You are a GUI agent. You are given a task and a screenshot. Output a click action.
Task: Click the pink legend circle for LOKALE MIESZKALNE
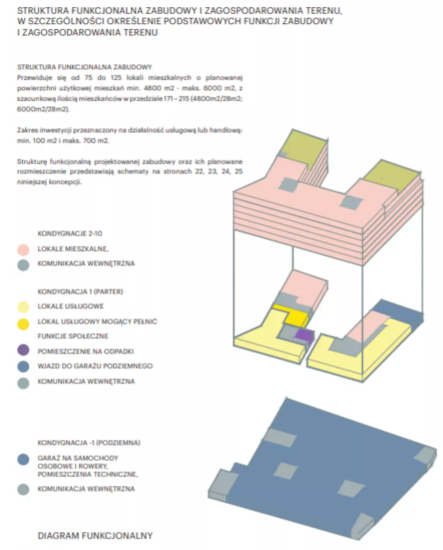coord(23,250)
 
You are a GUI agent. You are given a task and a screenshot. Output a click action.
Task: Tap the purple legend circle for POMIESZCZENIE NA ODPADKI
coord(23,350)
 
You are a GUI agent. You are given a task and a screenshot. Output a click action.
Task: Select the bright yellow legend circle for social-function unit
coord(23,325)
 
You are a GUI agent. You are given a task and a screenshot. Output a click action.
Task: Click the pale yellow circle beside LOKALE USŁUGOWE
coord(23,307)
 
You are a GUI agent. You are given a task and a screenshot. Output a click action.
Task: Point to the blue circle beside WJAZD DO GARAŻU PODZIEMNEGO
coord(23,366)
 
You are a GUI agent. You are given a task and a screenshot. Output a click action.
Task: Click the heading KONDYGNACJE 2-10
coord(70,234)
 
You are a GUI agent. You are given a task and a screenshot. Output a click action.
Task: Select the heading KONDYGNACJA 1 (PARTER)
coord(80,292)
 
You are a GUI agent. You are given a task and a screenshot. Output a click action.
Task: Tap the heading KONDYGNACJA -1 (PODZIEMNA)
coord(89,442)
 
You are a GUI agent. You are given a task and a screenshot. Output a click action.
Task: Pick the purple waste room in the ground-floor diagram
coord(304,335)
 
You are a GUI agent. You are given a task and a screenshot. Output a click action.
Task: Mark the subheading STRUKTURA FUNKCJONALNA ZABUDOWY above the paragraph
coord(84,67)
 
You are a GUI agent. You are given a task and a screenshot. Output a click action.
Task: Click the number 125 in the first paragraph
coord(116,77)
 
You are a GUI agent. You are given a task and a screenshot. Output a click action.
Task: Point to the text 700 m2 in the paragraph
coord(96,140)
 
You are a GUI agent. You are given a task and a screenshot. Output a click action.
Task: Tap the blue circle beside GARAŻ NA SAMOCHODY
coord(23,459)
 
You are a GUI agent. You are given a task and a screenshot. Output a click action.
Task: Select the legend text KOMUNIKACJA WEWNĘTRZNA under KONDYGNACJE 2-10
coord(86,263)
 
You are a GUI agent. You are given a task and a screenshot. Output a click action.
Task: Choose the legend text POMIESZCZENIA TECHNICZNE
coord(88,474)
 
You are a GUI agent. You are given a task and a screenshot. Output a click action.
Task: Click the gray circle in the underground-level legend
coord(23,489)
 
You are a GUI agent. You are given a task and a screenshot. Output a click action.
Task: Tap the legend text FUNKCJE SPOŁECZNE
coord(73,336)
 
